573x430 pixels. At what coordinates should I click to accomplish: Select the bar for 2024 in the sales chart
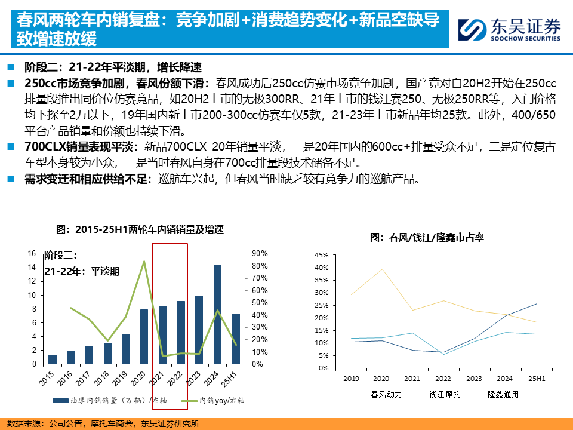(217, 314)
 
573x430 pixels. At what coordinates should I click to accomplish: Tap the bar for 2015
(53, 359)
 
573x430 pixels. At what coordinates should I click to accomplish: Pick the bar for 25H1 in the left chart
(235, 339)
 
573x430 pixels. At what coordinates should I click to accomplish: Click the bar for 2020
(144, 336)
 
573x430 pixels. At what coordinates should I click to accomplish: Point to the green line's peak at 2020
(144, 261)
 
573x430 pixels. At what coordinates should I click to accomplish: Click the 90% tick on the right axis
(260, 253)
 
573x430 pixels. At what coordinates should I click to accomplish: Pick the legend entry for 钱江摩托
(444, 394)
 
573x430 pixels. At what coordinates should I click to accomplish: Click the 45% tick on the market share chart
(321, 255)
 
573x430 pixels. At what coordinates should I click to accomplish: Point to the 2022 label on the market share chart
(442, 379)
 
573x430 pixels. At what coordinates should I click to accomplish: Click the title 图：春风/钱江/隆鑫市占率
(427, 237)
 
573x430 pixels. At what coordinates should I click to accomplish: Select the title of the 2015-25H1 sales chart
(140, 229)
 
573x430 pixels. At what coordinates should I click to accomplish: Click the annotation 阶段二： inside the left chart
(61, 256)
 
